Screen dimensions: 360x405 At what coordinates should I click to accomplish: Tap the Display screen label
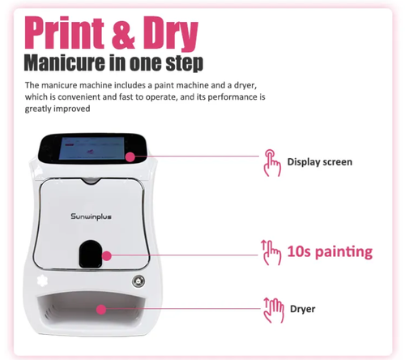pos(320,161)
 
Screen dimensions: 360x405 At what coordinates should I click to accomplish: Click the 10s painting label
pos(329,251)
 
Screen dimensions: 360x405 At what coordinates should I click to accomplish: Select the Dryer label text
pos(302,308)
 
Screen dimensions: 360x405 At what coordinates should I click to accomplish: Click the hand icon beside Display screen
pos(271,161)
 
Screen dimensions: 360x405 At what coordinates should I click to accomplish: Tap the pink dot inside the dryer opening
pos(100,308)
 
